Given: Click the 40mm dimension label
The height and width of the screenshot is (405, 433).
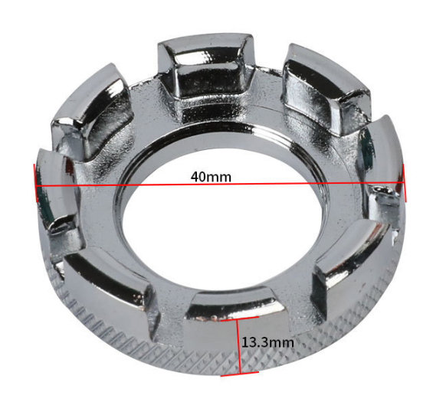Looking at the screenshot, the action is [211, 177].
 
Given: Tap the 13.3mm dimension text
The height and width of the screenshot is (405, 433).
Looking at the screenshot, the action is [267, 342].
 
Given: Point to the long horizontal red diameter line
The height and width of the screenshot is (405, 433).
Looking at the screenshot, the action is [220, 185].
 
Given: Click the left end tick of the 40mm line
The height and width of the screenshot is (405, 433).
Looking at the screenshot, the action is [35, 183].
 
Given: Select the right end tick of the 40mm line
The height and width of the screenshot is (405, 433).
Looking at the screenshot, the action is [405, 183].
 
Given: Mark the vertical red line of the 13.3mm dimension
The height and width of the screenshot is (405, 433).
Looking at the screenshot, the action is [239, 346].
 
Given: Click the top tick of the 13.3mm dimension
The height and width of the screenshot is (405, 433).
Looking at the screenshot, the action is [239, 318].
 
